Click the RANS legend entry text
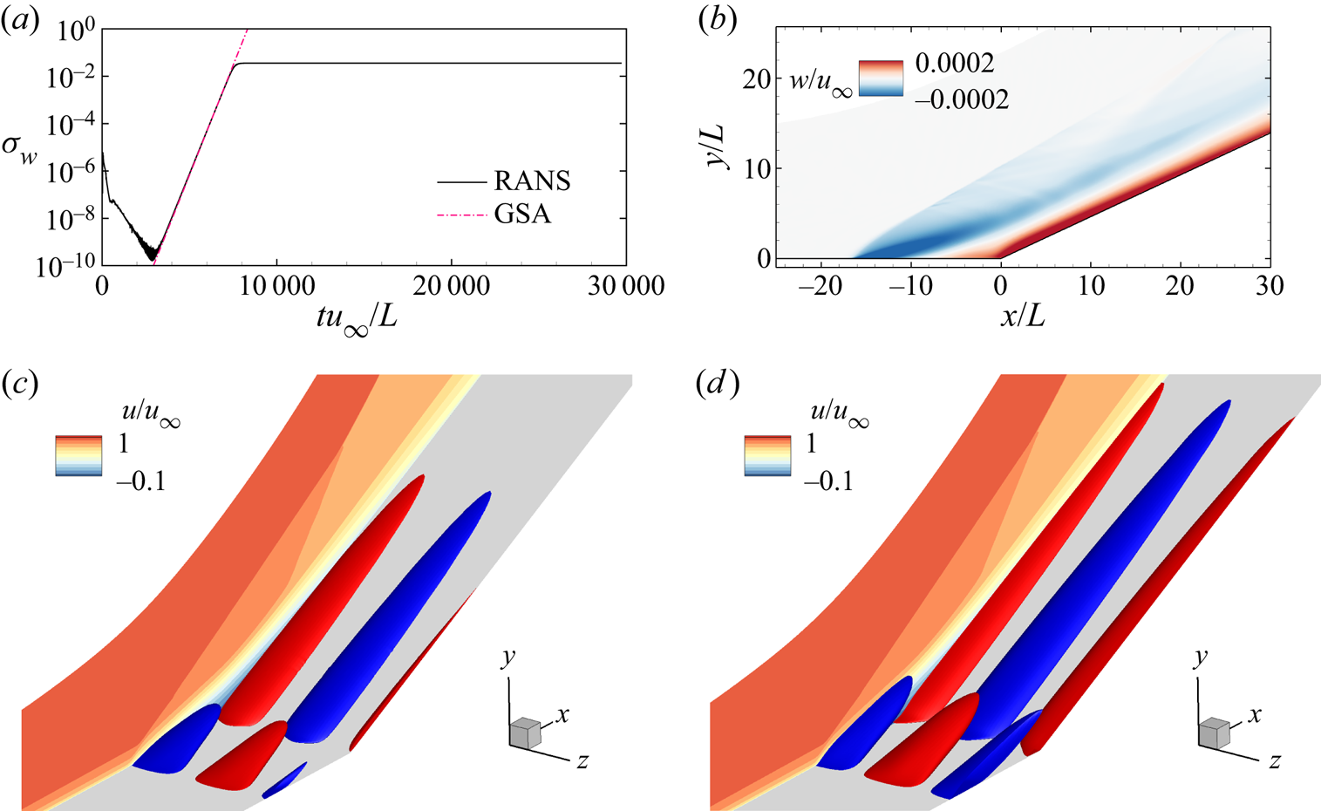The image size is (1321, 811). point(532,181)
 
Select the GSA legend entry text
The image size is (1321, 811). point(522,214)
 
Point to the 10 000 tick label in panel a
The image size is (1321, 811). point(277,288)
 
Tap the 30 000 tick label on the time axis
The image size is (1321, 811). point(626,288)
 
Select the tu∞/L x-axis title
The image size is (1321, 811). point(357,319)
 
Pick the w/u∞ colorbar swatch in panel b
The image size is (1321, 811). point(881,78)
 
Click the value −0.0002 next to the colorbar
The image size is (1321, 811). point(962,99)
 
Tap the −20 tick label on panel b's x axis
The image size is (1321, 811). point(821,286)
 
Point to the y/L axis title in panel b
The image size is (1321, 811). point(721,147)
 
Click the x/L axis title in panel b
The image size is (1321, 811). point(1022,317)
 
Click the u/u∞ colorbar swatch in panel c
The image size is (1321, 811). point(78,455)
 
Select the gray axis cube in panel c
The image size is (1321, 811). point(525,733)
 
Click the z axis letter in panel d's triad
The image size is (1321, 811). point(1275,761)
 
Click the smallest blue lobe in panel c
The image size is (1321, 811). point(284,780)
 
